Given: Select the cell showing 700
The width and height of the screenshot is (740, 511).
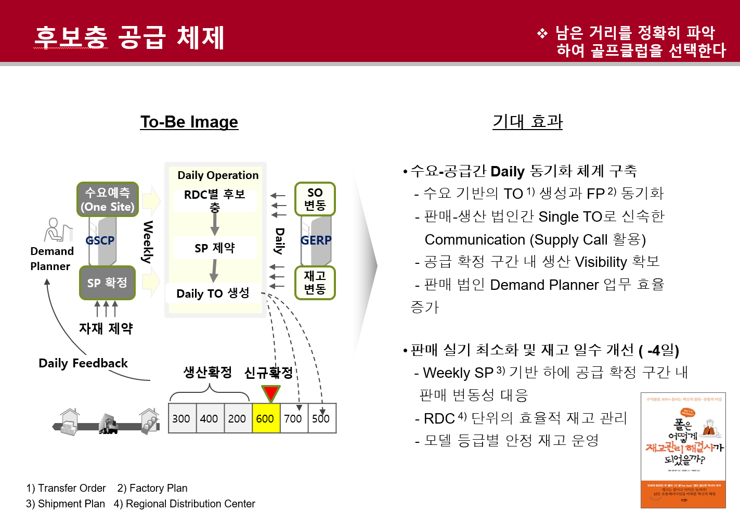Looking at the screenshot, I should coord(293,418).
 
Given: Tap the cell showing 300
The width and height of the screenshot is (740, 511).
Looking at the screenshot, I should coord(181,418).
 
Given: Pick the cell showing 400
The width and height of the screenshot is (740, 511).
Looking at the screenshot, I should coord(209,418).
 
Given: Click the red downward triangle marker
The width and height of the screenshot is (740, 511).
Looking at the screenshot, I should coord(270,393).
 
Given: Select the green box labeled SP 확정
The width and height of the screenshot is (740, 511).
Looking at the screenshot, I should coord(107,283).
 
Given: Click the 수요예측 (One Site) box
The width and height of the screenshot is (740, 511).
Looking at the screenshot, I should coord(108,199).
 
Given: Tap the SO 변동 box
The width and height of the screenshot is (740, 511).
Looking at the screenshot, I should coord(315,199).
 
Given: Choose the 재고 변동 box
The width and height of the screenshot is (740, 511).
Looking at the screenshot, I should coord(315,283).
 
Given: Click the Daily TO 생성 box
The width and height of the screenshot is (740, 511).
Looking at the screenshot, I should coord(213,293).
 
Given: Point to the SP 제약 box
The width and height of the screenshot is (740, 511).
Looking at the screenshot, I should coord(214,248).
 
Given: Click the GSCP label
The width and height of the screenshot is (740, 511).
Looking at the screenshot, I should coord(100,240).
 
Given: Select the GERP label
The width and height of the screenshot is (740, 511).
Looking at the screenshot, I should coord(316,240).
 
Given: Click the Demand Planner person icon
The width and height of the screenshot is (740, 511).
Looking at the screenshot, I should coord(56,230).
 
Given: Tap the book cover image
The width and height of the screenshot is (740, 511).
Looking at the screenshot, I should coord(683,450).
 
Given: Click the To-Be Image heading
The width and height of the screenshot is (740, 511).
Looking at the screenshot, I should coord(189,122).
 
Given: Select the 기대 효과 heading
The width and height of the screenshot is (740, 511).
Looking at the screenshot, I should coord(527,122).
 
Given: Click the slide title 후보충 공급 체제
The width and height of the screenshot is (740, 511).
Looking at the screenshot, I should coord(129,37).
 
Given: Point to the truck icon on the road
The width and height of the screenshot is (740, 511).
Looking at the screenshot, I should coord(108,425).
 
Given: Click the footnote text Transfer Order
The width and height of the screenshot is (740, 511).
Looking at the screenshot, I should coord(72,488).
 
